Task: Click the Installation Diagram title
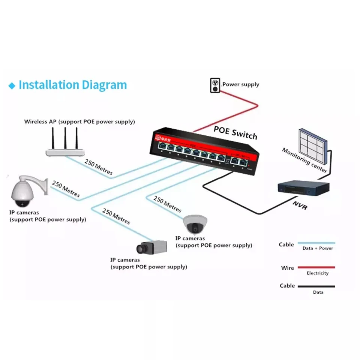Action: pyautogui.click(x=73, y=85)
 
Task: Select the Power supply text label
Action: pyautogui.click(x=241, y=84)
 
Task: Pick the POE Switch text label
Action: pyautogui.click(x=235, y=132)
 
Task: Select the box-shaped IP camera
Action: pyautogui.click(x=151, y=247)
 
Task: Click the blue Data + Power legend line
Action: pyautogui.click(x=316, y=243)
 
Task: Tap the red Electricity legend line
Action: pyautogui.click(x=316, y=268)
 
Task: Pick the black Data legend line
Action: pyautogui.click(x=316, y=286)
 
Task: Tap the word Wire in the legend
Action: pyautogui.click(x=288, y=268)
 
